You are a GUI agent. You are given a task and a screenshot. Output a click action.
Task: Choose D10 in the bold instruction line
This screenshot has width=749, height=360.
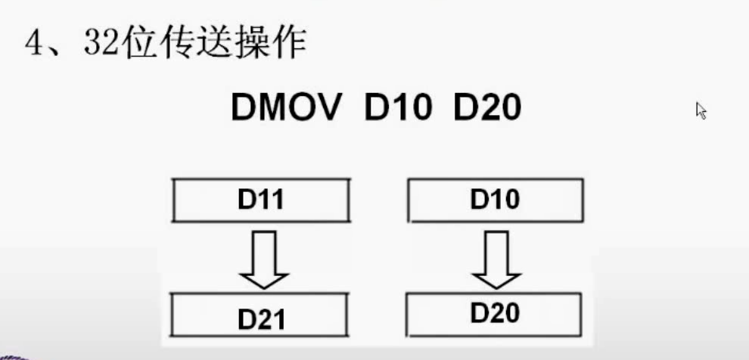(x=399, y=110)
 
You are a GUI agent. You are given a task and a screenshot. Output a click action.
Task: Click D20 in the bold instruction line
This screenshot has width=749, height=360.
(x=487, y=110)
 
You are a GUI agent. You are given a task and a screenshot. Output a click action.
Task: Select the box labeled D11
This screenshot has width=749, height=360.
(x=261, y=200)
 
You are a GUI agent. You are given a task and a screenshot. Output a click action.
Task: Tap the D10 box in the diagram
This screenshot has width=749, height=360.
(x=495, y=200)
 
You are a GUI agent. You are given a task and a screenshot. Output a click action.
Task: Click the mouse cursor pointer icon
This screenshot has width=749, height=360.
(x=701, y=111)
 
